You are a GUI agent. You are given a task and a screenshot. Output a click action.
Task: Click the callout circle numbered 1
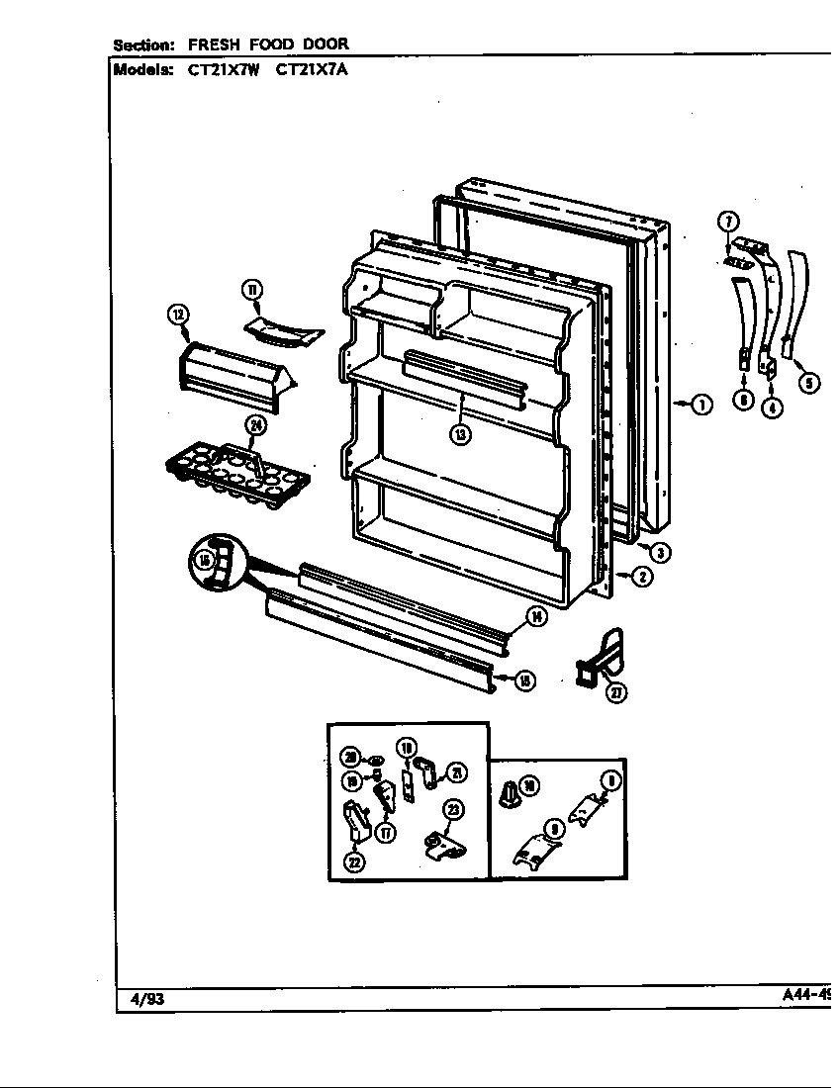tap(701, 404)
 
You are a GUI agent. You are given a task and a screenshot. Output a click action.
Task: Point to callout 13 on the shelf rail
tap(462, 432)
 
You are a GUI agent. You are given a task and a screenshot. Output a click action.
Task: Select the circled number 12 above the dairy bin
tap(178, 315)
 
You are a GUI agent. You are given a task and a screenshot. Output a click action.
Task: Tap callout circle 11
tap(251, 290)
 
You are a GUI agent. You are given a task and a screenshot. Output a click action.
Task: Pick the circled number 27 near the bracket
tap(616, 692)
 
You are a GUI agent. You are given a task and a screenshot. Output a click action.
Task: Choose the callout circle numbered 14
tap(536, 618)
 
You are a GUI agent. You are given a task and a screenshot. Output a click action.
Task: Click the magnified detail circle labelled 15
tap(216, 563)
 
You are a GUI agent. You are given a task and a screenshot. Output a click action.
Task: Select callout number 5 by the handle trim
tap(809, 384)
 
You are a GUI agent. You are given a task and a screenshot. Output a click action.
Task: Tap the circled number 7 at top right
tap(728, 221)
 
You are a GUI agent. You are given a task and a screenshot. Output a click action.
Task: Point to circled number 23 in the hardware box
tap(454, 809)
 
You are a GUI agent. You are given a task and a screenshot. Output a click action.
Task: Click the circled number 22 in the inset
tap(353, 861)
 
